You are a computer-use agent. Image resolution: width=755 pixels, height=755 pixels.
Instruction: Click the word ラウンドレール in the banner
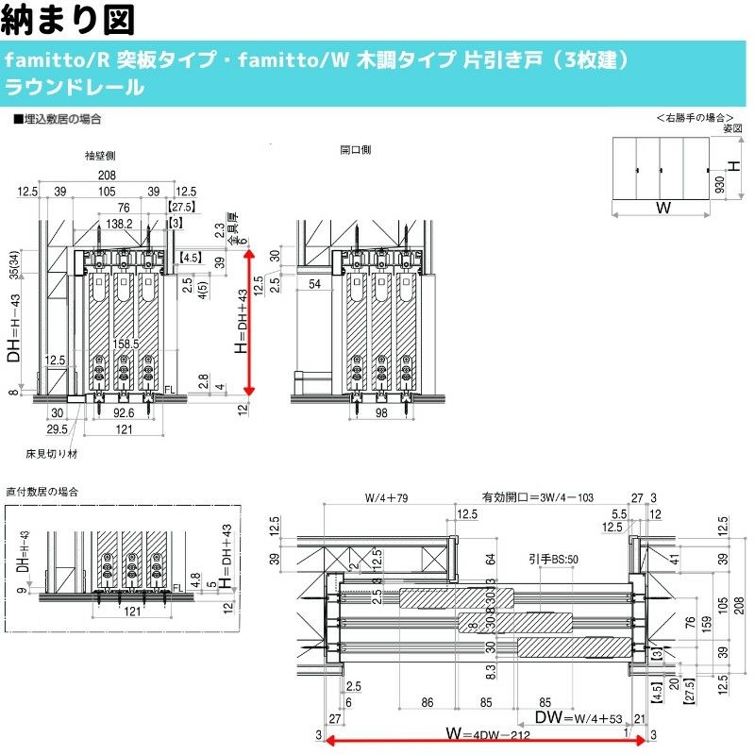pyautogui.click(x=75, y=89)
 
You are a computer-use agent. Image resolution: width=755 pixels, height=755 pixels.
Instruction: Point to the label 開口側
pyautogui.click(x=355, y=150)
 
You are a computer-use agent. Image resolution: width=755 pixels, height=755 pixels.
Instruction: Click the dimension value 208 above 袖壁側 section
pyautogui.click(x=107, y=176)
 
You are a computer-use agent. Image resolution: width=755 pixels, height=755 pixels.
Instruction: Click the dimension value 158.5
pyautogui.click(x=125, y=344)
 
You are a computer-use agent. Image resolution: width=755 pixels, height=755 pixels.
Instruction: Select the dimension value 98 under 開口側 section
pyautogui.click(x=381, y=412)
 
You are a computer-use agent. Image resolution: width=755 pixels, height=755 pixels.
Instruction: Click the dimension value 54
pyautogui.click(x=314, y=284)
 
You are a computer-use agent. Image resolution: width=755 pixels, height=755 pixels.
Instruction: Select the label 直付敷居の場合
pyautogui.click(x=42, y=493)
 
